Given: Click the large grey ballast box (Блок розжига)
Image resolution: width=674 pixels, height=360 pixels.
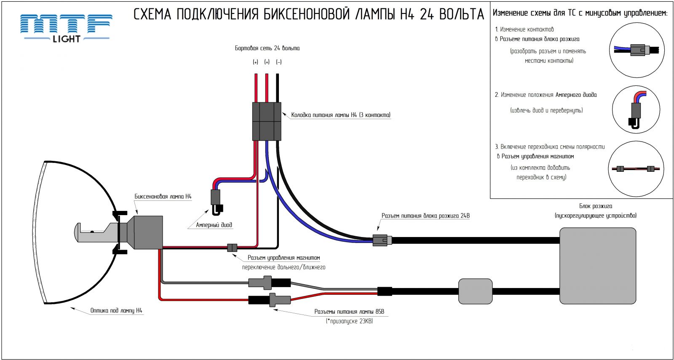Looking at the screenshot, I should coord(597,266).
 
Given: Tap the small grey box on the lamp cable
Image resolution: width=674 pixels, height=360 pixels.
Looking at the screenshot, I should coord(475,291).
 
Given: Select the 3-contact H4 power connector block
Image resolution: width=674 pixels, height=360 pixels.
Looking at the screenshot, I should coord(266,121).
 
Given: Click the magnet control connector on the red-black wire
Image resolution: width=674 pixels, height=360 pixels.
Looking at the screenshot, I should coord(232,248).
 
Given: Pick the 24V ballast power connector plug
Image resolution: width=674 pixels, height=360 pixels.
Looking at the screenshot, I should coord(382,240).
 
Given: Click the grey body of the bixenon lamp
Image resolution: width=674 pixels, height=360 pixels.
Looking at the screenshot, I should coord(148,232).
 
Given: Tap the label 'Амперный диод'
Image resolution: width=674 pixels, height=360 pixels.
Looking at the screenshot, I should coord(214,225).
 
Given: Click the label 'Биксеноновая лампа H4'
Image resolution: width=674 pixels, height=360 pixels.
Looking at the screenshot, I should coord(163,197).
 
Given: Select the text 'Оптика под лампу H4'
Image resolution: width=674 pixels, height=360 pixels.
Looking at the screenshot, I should coord(116,311).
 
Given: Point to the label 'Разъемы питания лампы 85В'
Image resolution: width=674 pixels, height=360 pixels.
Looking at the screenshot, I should coord(349,312).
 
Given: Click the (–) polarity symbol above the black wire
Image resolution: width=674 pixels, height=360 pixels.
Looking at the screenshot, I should coord(278,62).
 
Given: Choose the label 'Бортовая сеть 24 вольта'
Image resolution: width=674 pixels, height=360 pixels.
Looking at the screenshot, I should coord(267,48).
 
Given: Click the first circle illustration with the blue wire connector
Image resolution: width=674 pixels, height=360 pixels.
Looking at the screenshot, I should coord(637,50).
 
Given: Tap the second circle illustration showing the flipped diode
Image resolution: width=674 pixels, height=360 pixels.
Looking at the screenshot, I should coord(636,109).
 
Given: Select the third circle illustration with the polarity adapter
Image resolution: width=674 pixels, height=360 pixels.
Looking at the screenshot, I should coord(636,169).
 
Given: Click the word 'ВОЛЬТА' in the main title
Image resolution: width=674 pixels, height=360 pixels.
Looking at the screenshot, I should coord(461,14).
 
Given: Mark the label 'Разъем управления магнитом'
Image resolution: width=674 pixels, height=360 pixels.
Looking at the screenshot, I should coord(284,258).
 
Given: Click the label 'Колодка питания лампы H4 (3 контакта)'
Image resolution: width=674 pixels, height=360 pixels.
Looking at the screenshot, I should coord(340,115).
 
